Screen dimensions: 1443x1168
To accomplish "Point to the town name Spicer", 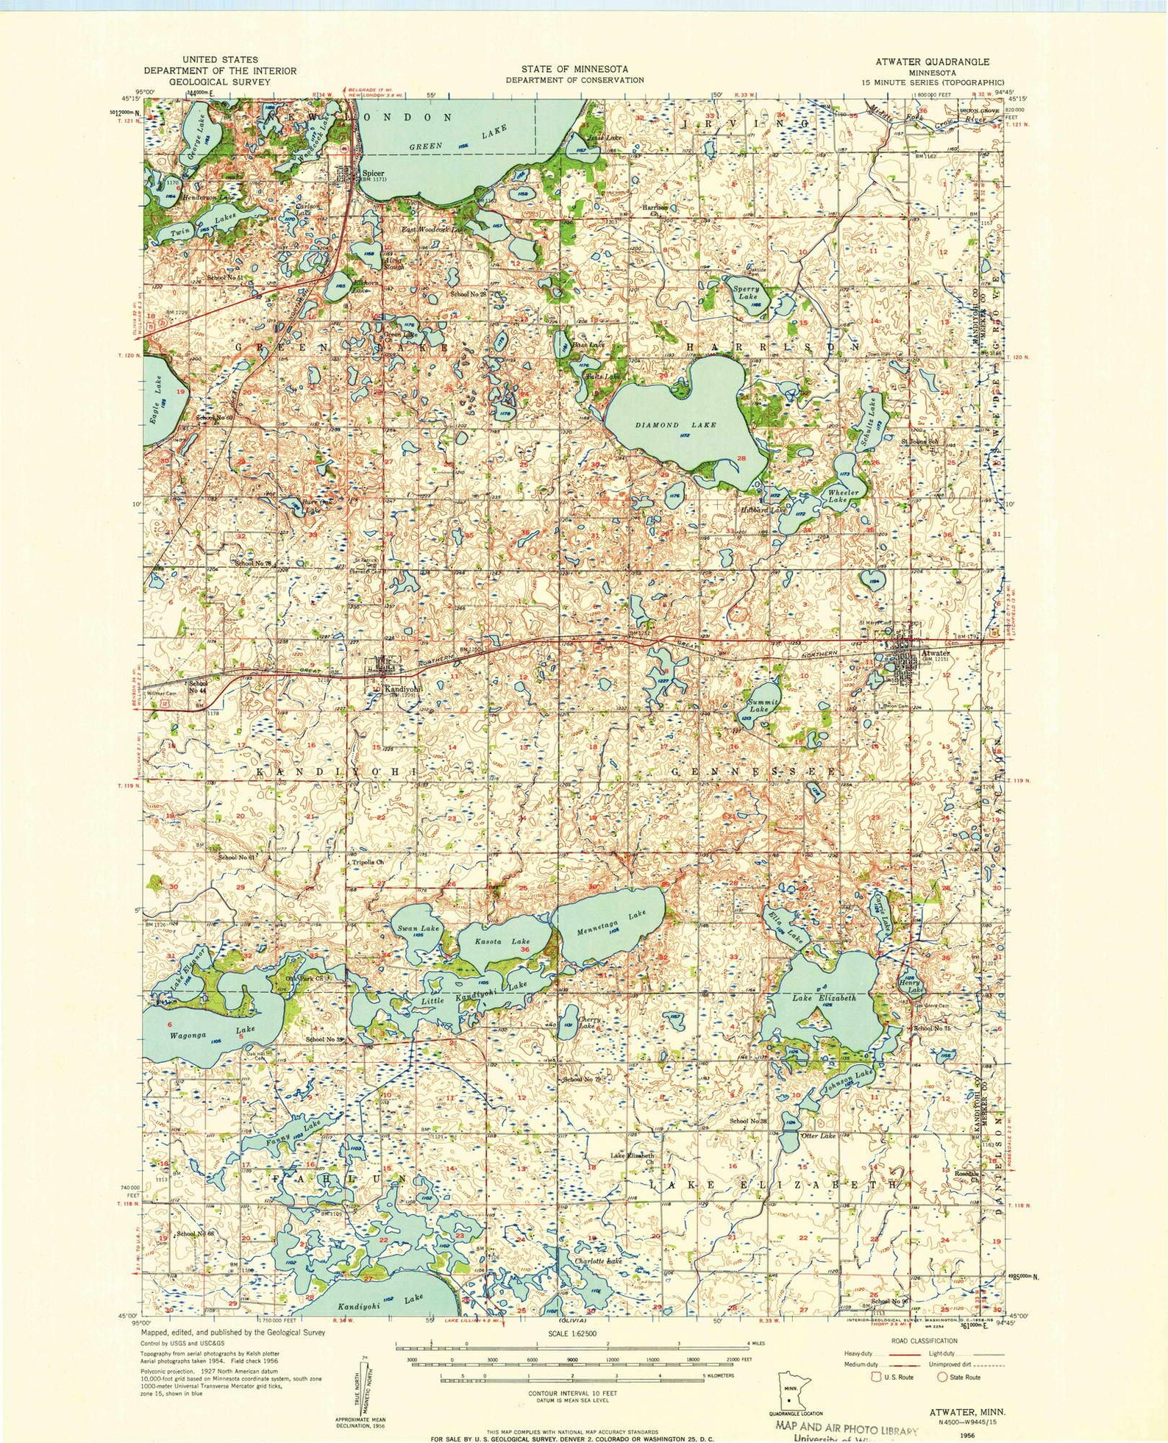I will (371, 174).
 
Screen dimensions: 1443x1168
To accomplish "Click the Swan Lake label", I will (418, 929).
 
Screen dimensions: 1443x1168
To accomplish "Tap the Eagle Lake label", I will (155, 402).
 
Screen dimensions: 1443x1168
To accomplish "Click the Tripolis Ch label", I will (368, 861).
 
